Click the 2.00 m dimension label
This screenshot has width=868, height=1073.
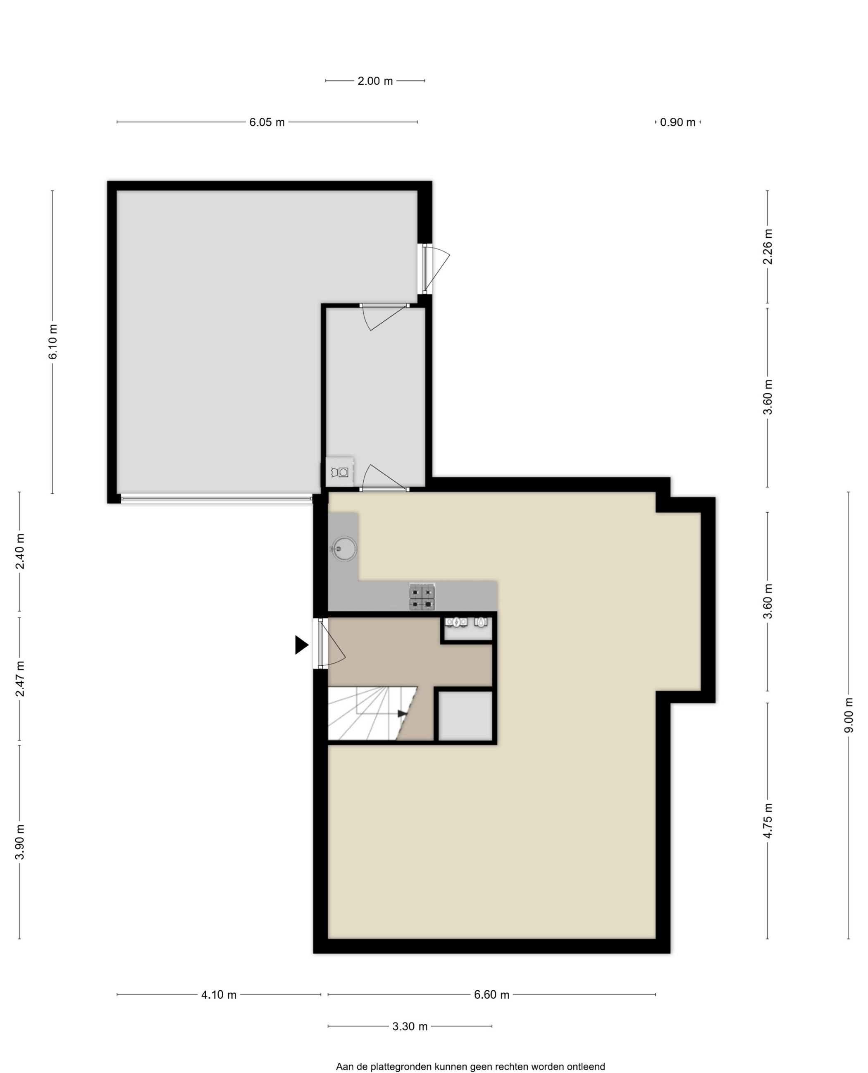click(375, 81)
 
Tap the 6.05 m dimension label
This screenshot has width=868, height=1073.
click(267, 122)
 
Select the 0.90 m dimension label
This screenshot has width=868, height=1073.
click(677, 122)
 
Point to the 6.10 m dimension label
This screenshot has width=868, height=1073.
click(53, 341)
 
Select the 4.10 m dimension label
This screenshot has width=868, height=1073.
click(219, 995)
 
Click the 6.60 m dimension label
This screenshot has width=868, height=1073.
click(491, 995)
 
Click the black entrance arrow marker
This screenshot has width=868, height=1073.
click(301, 645)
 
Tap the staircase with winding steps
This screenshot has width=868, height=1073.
click(372, 713)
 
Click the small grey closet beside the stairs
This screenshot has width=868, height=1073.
click(465, 716)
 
